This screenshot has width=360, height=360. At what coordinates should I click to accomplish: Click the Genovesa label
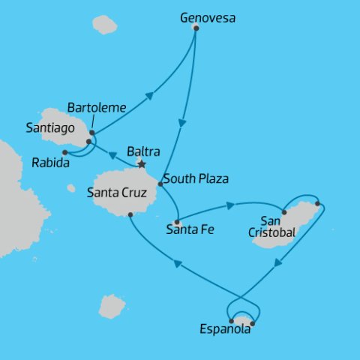pyautogui.click(x=207, y=15)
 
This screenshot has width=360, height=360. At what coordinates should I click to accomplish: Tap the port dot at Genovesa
pyautogui.click(x=196, y=28)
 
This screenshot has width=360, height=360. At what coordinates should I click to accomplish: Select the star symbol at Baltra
pyautogui.click(x=140, y=163)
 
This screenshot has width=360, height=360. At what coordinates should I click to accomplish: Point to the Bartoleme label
pyautogui.click(x=96, y=107)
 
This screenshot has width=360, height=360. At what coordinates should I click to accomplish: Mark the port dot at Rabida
pyautogui.click(x=65, y=152)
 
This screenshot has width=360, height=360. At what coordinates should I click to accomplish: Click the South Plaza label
pyautogui.click(x=195, y=179)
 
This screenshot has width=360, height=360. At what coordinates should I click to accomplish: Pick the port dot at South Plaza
pyautogui.click(x=160, y=184)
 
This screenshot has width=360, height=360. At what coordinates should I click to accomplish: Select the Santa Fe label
pyautogui.click(x=190, y=230)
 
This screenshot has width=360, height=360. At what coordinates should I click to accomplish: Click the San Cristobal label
pyautogui.click(x=271, y=226)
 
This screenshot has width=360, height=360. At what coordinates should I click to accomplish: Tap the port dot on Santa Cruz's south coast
pyautogui.click(x=130, y=215)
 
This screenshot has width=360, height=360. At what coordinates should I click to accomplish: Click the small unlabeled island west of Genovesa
pyautogui.click(x=105, y=25)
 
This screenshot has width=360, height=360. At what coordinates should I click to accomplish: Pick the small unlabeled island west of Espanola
pyautogui.click(x=112, y=305)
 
